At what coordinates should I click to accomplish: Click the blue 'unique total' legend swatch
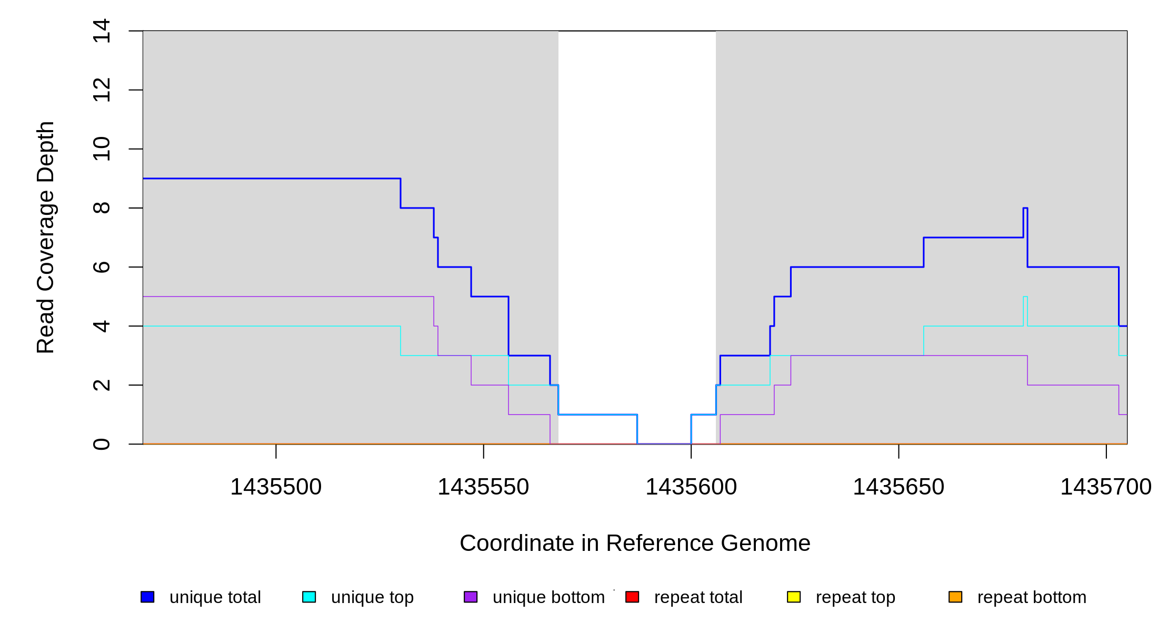pyautogui.click(x=147, y=597)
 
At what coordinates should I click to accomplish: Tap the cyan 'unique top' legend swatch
pyautogui.click(x=309, y=597)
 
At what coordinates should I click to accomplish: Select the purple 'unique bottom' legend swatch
pyautogui.click(x=471, y=597)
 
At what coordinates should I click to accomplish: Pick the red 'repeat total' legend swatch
pyautogui.click(x=632, y=597)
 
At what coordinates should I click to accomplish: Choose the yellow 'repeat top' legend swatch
pyautogui.click(x=794, y=597)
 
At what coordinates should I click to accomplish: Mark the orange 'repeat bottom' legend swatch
pyautogui.click(x=955, y=597)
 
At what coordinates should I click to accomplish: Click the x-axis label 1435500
pyautogui.click(x=276, y=487)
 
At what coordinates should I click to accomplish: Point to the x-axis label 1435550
pyautogui.click(x=483, y=487)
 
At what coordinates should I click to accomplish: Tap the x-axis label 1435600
pyautogui.click(x=691, y=487)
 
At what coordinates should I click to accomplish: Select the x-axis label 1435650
pyautogui.click(x=899, y=487)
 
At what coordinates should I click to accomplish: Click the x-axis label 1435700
pyautogui.click(x=1105, y=487)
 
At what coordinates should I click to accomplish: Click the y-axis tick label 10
pyautogui.click(x=101, y=149)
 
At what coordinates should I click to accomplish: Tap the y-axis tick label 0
pyautogui.click(x=101, y=444)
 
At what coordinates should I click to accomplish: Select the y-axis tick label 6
pyautogui.click(x=101, y=267)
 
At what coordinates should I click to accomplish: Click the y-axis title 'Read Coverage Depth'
pyautogui.click(x=46, y=237)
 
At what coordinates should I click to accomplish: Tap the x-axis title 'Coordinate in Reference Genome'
pyautogui.click(x=635, y=543)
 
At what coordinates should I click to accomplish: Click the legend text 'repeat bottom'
pyautogui.click(x=1032, y=597)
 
